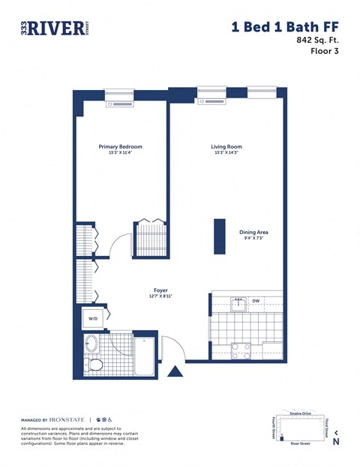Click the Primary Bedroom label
120,147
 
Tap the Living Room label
226,147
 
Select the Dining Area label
253,233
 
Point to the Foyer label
160,290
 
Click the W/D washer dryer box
94,319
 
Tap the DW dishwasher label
255,302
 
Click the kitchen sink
238,303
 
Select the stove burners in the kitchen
241,349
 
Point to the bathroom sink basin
91,346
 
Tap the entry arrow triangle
175,371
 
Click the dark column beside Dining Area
220,236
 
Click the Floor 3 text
326,52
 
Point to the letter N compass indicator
335,442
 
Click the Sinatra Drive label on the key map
299,413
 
